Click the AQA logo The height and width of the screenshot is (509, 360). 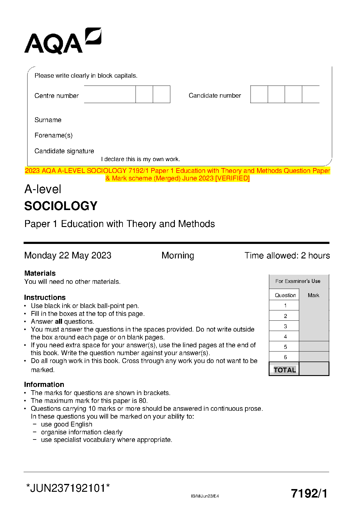63,41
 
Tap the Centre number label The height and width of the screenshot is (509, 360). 57,96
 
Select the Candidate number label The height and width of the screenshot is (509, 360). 215,96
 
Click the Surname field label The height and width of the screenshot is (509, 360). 48,120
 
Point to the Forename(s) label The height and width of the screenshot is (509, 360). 54,135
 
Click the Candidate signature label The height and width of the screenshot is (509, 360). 64,151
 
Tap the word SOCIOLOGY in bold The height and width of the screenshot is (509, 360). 61,206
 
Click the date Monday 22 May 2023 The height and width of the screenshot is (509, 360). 68,255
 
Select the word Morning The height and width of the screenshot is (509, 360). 178,255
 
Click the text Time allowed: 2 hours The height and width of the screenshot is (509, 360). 287,255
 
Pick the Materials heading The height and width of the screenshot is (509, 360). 40,273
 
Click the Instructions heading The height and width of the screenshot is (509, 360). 45,297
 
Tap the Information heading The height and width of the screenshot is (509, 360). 44,384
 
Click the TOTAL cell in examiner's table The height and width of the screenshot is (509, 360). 285,370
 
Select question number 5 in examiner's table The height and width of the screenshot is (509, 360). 285,347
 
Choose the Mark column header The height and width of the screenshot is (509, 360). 313,295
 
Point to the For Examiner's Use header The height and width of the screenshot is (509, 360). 298,281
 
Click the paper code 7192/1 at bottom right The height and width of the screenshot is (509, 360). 309,494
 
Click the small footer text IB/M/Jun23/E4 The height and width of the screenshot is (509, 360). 205,496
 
